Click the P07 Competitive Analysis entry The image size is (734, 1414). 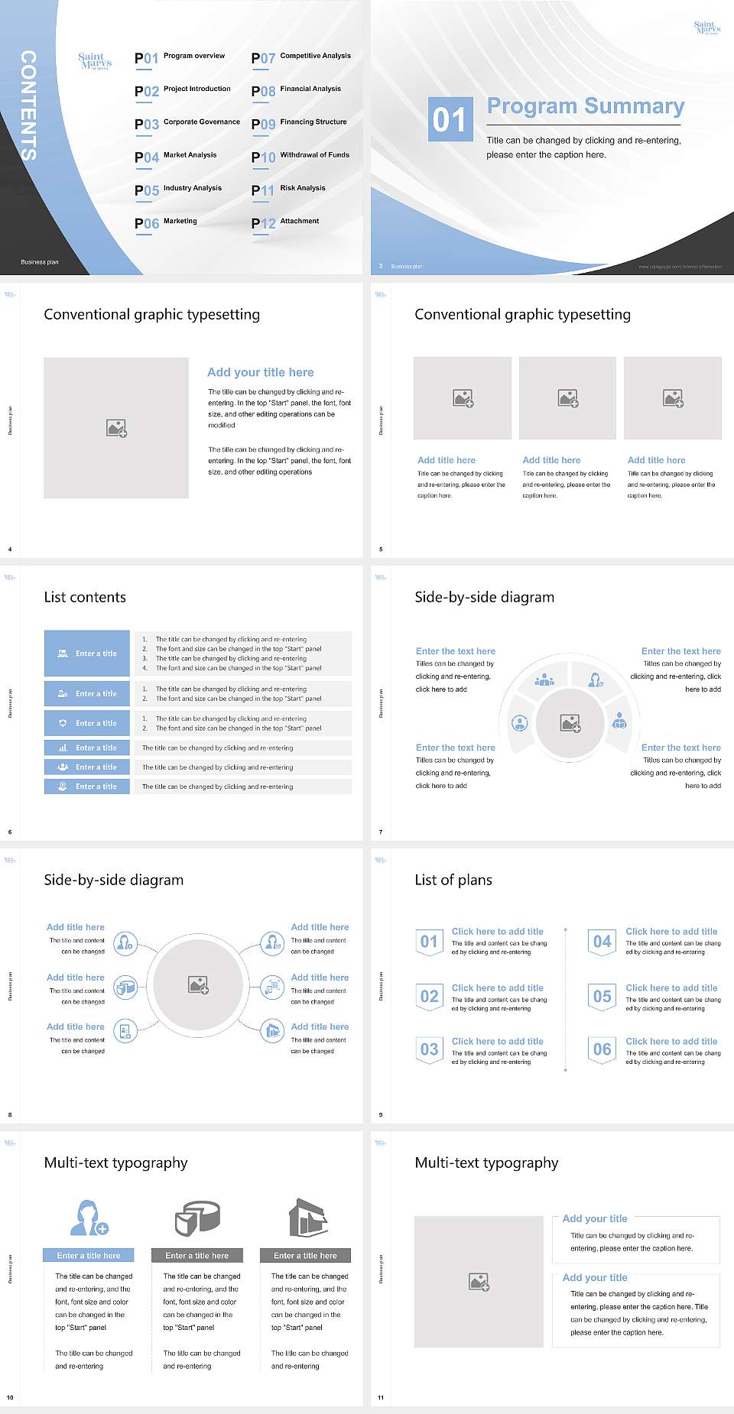tap(301, 57)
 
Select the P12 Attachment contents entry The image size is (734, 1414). tap(285, 222)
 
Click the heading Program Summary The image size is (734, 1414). tap(585, 106)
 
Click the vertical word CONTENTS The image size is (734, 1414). tap(28, 105)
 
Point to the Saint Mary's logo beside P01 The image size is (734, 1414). tap(95, 61)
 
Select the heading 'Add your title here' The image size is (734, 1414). tap(260, 372)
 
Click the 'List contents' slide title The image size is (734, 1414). tap(85, 597)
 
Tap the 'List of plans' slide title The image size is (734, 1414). tap(453, 880)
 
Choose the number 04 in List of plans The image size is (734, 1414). tap(602, 942)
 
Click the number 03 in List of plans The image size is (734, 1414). tap(429, 1049)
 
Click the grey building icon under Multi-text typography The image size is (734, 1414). tap(308, 1218)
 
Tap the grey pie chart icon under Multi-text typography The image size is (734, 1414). tap(197, 1218)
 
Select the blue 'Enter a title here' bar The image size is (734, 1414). tap(89, 1255)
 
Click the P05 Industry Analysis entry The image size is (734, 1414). tap(178, 190)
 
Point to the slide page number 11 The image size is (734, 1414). tap(381, 1398)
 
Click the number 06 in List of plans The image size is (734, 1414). tap(602, 1049)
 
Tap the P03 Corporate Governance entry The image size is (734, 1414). tap(187, 124)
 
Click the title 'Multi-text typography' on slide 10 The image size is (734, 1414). tap(115, 1163)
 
